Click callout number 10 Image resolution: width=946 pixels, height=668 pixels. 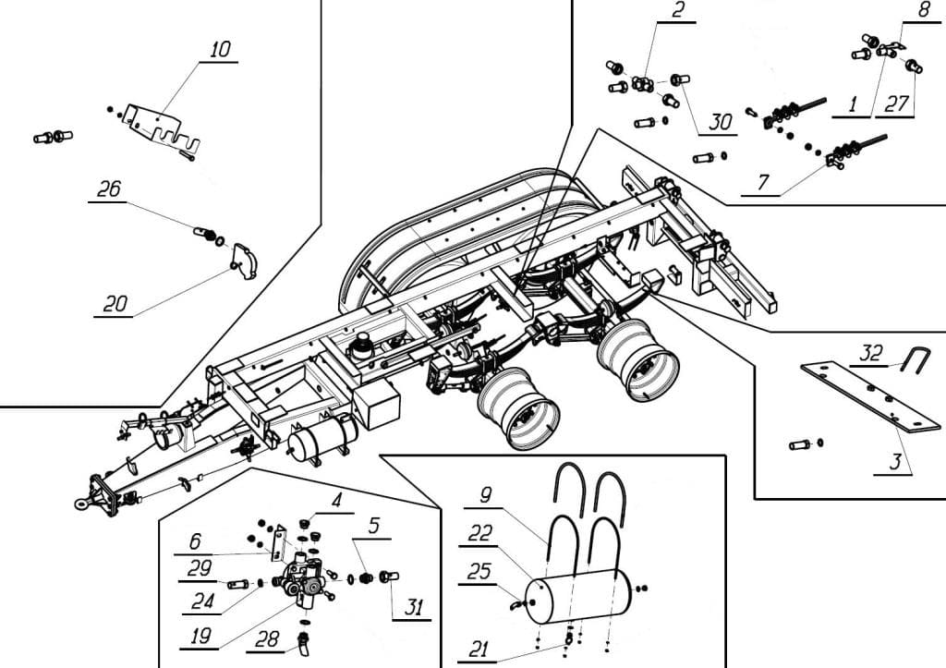[x=220, y=50]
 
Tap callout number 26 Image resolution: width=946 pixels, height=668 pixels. [x=109, y=189]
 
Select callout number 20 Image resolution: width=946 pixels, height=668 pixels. [x=115, y=304]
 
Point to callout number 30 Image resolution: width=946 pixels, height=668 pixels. [x=721, y=122]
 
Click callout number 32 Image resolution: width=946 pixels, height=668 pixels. [x=870, y=353]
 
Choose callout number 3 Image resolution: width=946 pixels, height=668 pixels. [x=895, y=462]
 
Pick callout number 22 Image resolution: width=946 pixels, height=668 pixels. [x=480, y=533]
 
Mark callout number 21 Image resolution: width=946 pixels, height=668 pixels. [x=479, y=649]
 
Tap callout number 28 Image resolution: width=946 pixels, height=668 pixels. [x=267, y=639]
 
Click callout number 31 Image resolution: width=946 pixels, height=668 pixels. [x=414, y=607]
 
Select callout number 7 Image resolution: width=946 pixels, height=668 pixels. [x=763, y=182]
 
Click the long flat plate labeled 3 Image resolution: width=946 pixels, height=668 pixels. [x=870, y=396]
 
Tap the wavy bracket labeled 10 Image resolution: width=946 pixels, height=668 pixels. [x=161, y=128]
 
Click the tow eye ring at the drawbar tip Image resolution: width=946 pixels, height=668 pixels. [x=82, y=503]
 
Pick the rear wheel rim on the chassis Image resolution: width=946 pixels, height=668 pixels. [x=639, y=360]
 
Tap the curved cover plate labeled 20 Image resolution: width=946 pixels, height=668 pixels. [x=245, y=261]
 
